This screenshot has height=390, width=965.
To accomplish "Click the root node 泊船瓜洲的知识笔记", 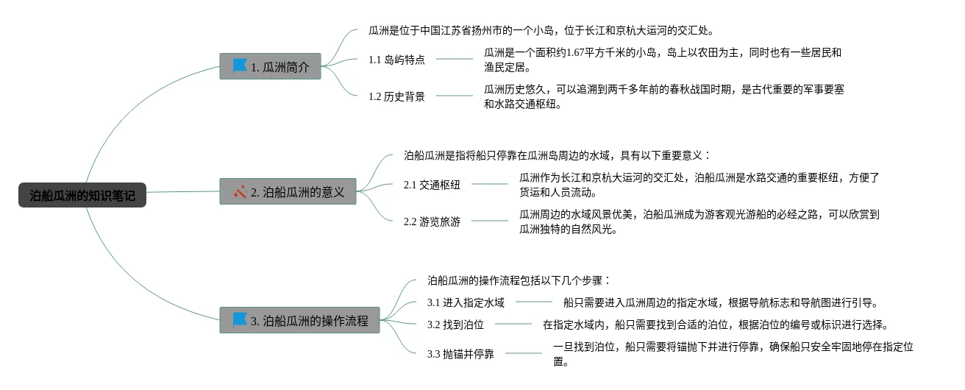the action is click(x=82, y=195).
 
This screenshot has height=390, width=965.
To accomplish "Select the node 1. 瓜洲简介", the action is click(x=270, y=66).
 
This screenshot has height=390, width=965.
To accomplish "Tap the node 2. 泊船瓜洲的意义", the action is click(x=288, y=191).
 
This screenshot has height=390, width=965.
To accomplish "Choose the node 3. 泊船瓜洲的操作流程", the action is click(x=299, y=320).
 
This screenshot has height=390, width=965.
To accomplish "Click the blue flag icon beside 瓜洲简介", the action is click(x=240, y=66).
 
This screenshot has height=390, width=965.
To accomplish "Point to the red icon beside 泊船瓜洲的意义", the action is click(x=240, y=191).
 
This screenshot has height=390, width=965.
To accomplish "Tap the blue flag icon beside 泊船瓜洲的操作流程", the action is click(x=240, y=320).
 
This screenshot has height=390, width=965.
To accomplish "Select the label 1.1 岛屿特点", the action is click(x=396, y=60).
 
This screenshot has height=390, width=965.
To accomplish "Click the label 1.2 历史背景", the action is click(x=396, y=96).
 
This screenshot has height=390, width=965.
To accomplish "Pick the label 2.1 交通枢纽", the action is click(x=432, y=185).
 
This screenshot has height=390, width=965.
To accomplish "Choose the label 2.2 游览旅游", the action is click(x=432, y=221).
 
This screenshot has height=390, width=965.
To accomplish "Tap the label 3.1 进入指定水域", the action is click(x=466, y=302).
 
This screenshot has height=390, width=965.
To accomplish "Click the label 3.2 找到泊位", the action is click(x=455, y=325).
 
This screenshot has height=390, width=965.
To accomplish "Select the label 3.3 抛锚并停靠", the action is click(x=460, y=354).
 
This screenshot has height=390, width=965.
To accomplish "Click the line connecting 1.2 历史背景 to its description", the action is click(x=455, y=96).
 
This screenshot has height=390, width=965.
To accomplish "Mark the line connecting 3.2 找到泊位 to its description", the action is click(x=513, y=324).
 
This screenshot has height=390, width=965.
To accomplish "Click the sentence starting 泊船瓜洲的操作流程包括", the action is click(x=519, y=280).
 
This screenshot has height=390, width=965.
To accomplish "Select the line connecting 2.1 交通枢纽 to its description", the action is click(x=490, y=184).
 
